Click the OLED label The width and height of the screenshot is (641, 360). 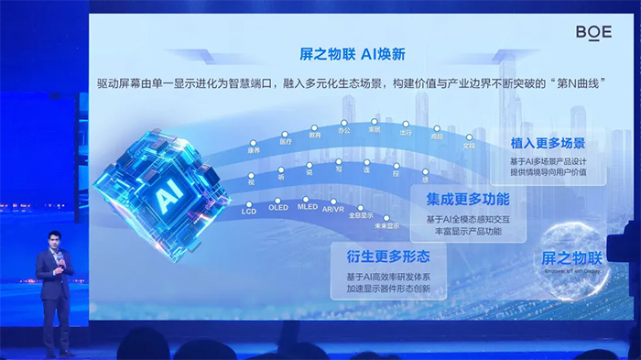(277, 208)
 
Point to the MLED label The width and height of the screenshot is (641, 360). (307, 207)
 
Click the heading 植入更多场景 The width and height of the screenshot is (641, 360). (549, 144)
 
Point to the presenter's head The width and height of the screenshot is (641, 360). (55, 241)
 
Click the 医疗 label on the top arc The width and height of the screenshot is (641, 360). (286, 142)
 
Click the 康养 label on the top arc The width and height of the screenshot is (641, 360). (254, 149)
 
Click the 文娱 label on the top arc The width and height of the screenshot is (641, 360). (469, 145)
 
